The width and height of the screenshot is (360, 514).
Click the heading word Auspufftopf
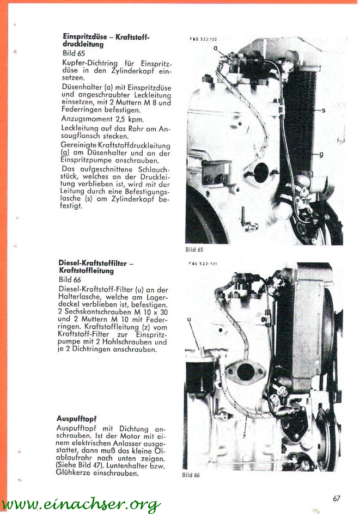(76, 419)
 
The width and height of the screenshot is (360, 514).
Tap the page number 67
(337, 498)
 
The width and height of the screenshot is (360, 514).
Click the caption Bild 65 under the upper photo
(194, 250)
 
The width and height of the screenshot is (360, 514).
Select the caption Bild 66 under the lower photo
(191, 475)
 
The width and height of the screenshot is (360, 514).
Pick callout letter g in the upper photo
(321, 154)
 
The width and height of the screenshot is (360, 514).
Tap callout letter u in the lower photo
(188, 320)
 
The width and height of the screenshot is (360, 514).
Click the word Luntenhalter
(121, 466)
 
